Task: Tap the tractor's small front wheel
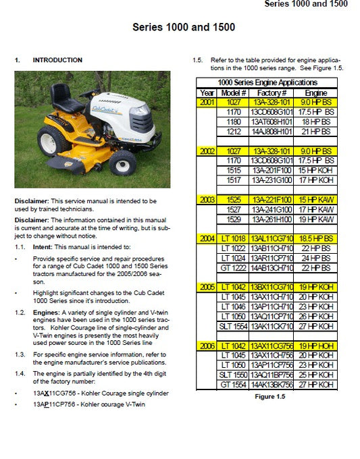[123, 162]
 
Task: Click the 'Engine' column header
[315, 92]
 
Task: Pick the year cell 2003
[207, 200]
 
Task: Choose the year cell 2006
[207, 346]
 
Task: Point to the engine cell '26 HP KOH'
[316, 317]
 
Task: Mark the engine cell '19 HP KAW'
[316, 220]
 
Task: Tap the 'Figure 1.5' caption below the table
[269, 397]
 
